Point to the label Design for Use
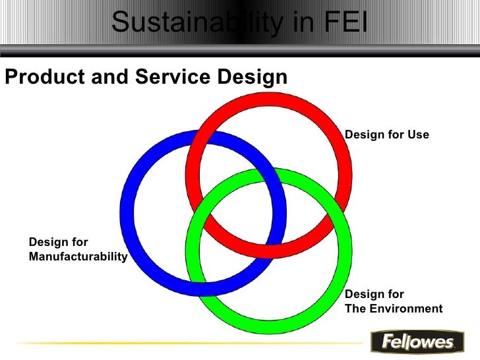click(387, 135)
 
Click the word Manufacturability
click(78, 256)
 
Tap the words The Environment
click(394, 309)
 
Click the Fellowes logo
click(413, 342)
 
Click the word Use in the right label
click(418, 135)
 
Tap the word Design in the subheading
click(250, 77)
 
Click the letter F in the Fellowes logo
click(380, 342)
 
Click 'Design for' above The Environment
click(375, 294)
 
